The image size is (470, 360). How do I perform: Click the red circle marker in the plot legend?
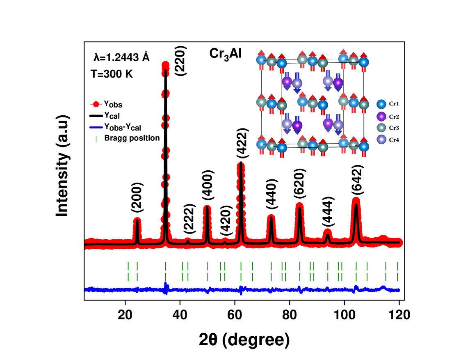tap(96, 104)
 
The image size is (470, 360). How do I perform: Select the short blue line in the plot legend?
tap(96, 128)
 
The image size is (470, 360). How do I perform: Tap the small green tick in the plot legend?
tap(96, 139)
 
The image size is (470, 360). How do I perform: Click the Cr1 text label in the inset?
tap(394, 104)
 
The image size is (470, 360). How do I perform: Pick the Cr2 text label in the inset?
tap(394, 117)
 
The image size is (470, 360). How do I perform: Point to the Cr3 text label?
tap(394, 128)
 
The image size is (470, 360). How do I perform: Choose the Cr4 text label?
tap(394, 140)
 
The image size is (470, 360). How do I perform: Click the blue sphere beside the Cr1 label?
tap(381, 104)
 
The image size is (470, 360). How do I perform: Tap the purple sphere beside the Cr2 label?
tap(381, 116)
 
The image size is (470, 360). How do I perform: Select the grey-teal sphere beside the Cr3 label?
tap(381, 128)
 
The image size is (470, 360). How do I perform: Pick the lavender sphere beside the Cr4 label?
tap(381, 140)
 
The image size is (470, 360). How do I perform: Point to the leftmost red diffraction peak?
tap(137, 220)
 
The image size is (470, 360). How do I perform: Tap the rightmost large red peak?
tap(356, 201)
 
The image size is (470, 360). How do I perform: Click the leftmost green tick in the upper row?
tap(128, 266)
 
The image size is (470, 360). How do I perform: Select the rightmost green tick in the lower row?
tap(397, 277)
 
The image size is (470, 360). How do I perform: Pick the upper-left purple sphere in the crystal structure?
tap(287, 81)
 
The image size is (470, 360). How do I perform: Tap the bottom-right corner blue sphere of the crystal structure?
tap(364, 147)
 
